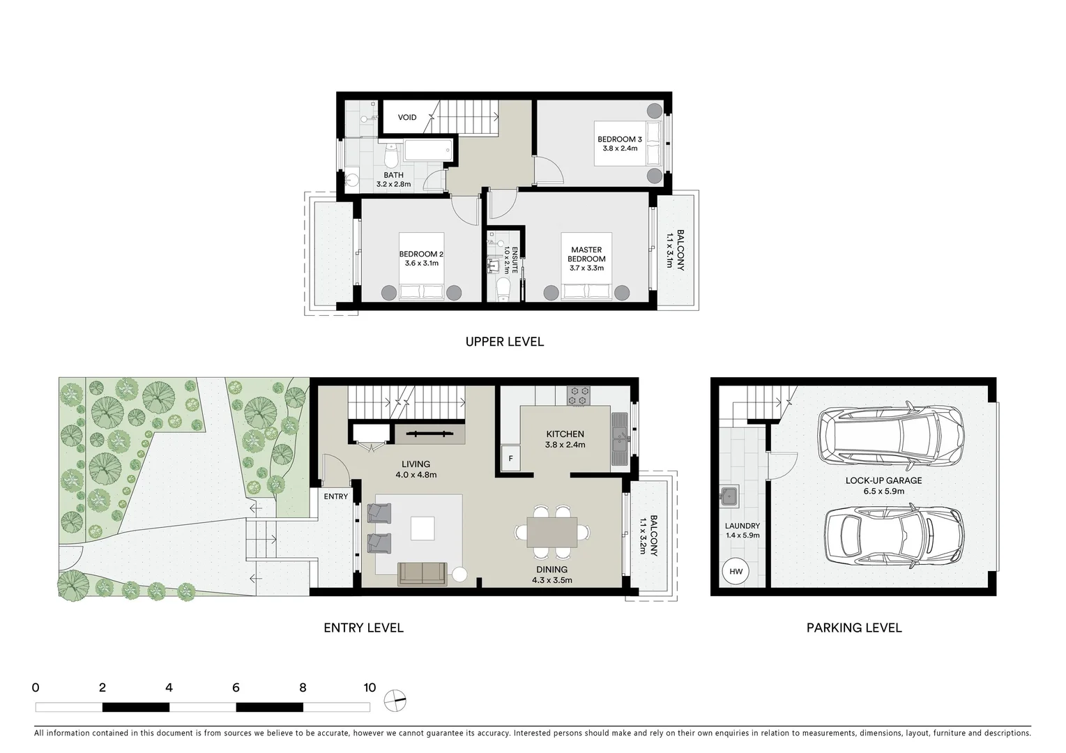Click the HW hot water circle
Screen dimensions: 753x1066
point(736,572)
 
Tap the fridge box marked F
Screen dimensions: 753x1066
point(510,459)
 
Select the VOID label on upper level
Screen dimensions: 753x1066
point(407,117)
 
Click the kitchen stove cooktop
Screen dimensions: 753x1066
point(579,396)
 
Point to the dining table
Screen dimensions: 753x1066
point(552,532)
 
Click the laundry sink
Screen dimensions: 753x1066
point(729,496)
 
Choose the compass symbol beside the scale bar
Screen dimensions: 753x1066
point(395,701)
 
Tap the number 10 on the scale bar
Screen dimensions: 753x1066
point(370,687)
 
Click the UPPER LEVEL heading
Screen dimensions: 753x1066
point(504,342)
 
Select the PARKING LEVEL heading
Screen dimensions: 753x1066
point(854,627)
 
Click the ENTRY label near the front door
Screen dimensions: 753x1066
point(336,496)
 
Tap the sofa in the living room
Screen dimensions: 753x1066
point(422,574)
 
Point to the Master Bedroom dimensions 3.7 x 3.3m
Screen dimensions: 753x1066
point(586,268)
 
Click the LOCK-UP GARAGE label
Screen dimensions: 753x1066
point(883,480)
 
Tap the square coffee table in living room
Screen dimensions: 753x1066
point(422,528)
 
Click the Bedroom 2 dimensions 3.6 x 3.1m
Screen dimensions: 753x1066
point(421,264)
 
